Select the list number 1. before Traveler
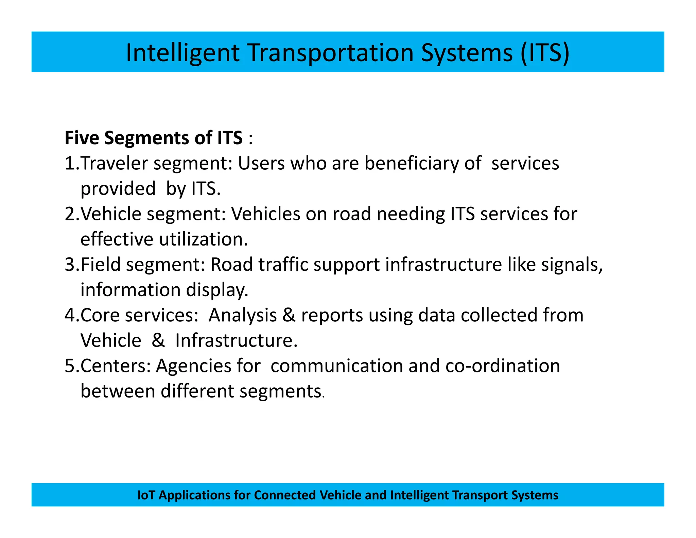[72, 163]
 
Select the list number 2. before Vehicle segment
[72, 214]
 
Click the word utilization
[203, 239]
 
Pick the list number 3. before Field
[72, 265]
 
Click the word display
[217, 290]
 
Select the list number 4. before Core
[72, 315]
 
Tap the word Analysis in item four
[242, 316]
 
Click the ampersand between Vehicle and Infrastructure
[158, 340]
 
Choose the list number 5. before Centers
[72, 366]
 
